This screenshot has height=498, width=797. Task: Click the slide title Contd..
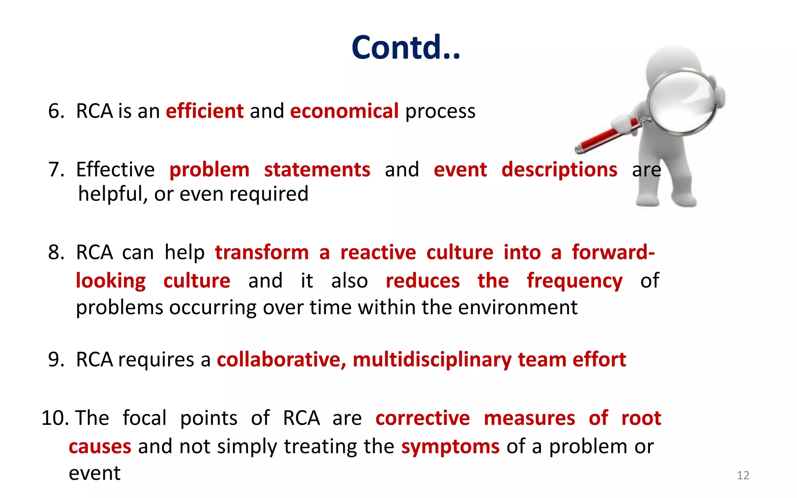click(406, 48)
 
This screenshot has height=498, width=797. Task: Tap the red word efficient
click(205, 111)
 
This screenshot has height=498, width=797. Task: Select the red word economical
click(344, 111)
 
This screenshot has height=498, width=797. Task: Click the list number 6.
click(56, 111)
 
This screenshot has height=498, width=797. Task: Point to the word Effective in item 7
click(115, 170)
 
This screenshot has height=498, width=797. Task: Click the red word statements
click(317, 170)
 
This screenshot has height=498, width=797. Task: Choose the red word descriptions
click(559, 170)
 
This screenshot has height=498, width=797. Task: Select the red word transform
click(262, 252)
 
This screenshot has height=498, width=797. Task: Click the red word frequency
click(574, 281)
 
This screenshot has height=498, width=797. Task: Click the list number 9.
click(56, 359)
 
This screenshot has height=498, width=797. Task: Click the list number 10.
click(54, 418)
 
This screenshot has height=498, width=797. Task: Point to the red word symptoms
click(450, 447)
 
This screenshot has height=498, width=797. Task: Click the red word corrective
click(423, 418)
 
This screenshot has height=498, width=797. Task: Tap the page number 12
click(743, 475)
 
